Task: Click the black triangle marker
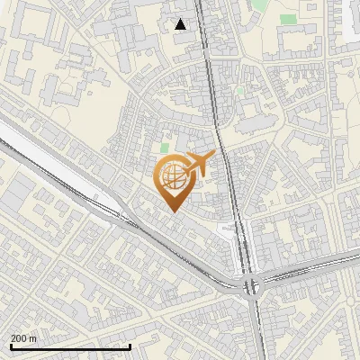(181, 24)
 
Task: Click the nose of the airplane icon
(214, 155)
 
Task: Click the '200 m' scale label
(23, 338)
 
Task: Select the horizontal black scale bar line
(70, 346)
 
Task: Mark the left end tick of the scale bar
(11, 346)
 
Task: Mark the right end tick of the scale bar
(130, 346)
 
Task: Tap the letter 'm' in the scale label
(32, 338)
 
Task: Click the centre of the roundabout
(252, 287)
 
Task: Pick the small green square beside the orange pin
(164, 148)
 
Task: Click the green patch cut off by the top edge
(258, 4)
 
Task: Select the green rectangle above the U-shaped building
(288, 19)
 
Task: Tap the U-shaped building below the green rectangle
(289, 40)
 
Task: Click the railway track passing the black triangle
(206, 54)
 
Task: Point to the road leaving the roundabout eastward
(306, 269)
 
